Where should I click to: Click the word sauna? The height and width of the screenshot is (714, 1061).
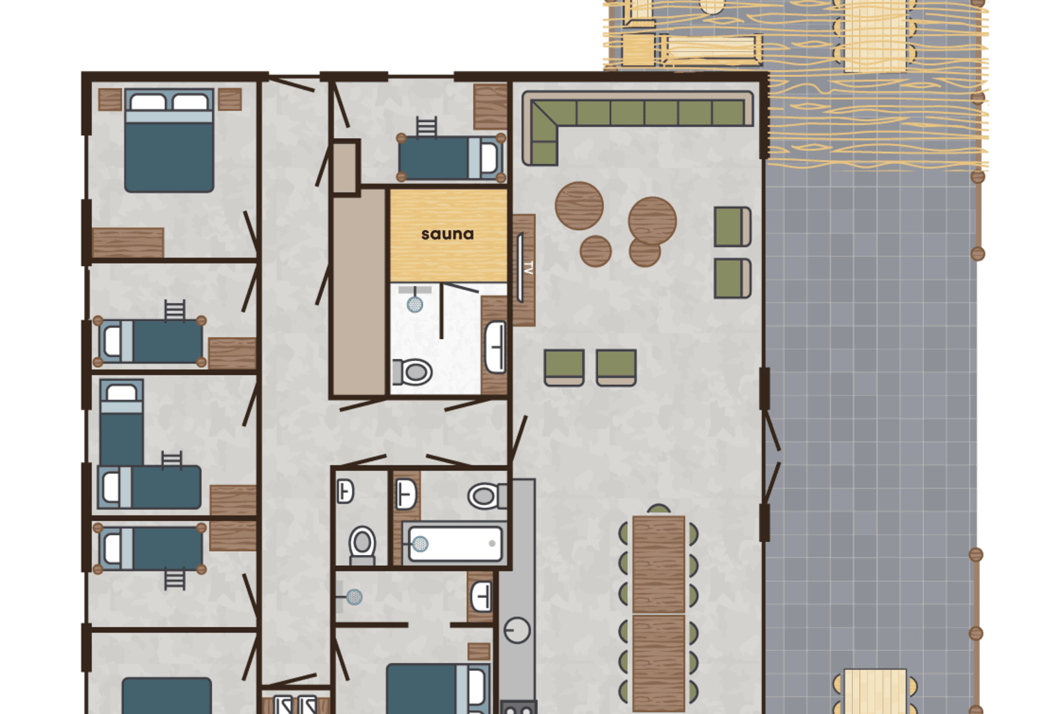448,234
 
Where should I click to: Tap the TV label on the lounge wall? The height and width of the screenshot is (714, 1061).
529,267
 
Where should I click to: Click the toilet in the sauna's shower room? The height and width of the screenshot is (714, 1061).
412,372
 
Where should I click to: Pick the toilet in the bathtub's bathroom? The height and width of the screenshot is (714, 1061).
487,496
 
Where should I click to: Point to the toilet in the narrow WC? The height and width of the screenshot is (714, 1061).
362,545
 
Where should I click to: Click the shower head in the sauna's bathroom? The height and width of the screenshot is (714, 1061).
415,304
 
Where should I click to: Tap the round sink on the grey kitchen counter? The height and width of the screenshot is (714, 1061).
517,630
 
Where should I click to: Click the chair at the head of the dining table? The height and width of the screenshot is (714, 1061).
658,510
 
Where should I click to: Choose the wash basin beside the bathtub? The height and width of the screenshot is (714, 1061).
406,494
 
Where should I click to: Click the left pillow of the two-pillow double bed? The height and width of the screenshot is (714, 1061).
148,102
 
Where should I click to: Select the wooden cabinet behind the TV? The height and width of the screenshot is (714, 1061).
524,270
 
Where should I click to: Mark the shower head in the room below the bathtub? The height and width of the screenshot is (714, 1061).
354,597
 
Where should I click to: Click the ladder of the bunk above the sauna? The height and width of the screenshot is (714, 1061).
426,127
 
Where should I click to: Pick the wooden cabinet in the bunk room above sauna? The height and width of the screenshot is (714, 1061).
490,107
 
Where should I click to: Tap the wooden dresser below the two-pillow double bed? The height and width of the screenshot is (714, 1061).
128,243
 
